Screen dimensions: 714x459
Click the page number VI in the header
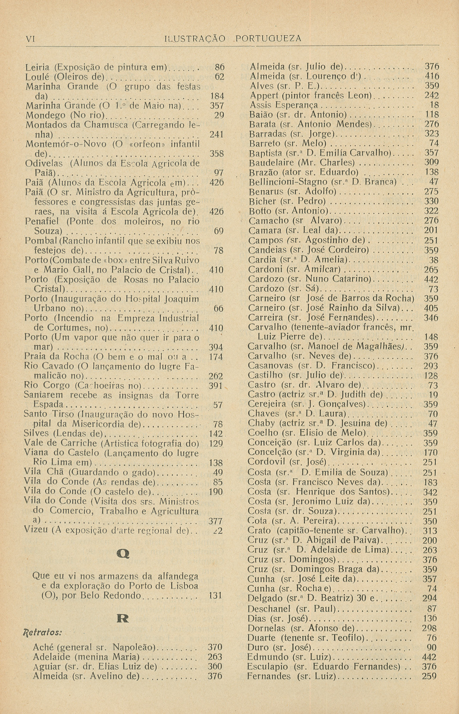30,38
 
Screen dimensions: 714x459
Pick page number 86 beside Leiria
220,67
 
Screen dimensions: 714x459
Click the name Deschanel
269,609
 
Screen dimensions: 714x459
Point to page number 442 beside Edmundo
431,657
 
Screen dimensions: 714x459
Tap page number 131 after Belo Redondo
215,595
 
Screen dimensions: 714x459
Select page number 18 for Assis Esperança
434,105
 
